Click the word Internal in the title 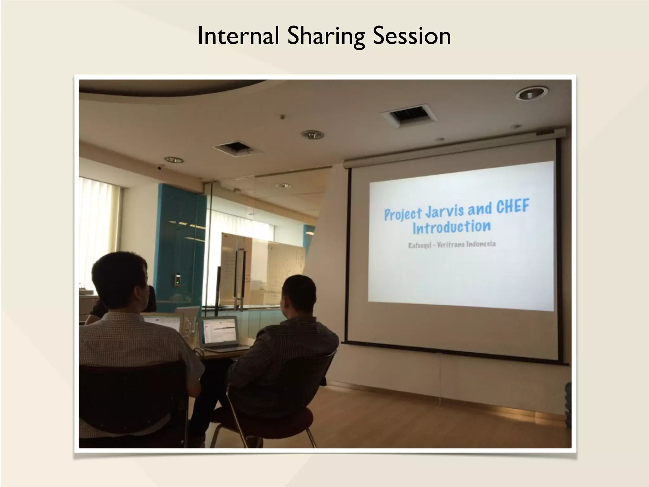point(238,36)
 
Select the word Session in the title point(411,36)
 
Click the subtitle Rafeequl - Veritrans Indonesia point(452,245)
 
